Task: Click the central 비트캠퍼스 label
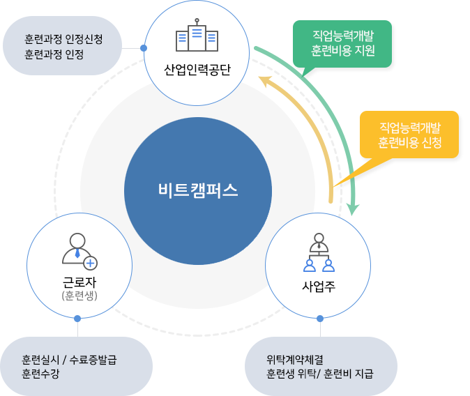click(198, 190)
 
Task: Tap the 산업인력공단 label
click(197, 70)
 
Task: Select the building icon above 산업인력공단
click(197, 35)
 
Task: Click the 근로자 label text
click(79, 282)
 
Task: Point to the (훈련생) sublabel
click(79, 296)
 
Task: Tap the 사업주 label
click(319, 286)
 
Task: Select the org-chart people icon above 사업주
click(319, 252)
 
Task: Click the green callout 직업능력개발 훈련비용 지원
click(342, 44)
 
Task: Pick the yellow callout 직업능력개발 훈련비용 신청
click(409, 135)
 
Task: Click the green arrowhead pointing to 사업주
click(353, 209)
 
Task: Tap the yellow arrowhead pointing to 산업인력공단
click(265, 81)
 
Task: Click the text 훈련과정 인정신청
click(63, 39)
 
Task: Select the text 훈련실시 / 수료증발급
click(69, 360)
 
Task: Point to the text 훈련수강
click(40, 374)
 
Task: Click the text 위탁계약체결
click(295, 360)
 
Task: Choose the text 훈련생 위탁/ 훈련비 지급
click(320, 374)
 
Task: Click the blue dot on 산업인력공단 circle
click(144, 48)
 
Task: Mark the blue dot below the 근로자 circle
click(77, 319)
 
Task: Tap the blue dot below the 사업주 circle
click(320, 319)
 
